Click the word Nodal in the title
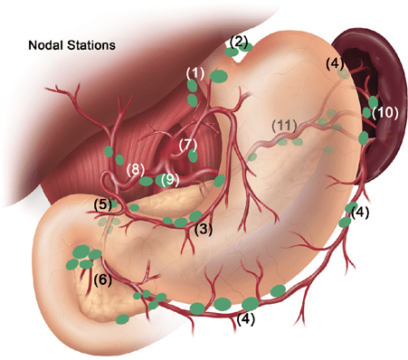(48, 44)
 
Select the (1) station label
(195, 71)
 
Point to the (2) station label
(238, 41)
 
